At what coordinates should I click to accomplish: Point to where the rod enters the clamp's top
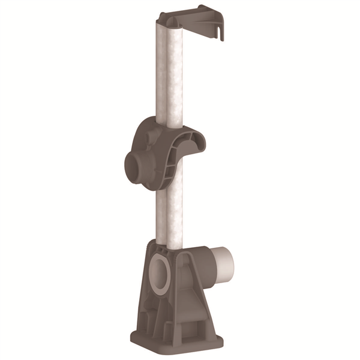(169, 123)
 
